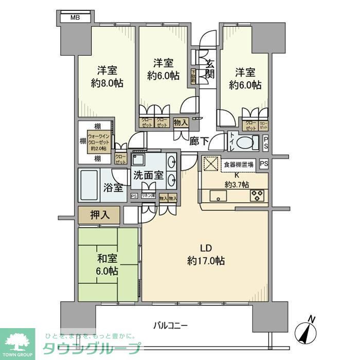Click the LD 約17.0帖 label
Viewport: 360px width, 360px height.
pyautogui.click(x=205, y=255)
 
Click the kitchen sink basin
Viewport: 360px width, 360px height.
pyautogui.click(x=217, y=195)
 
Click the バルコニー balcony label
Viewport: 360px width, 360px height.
pyautogui.click(x=170, y=325)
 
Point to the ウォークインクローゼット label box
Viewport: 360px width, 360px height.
pyautogui.click(x=99, y=142)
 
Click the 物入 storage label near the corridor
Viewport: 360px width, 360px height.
pyautogui.click(x=180, y=122)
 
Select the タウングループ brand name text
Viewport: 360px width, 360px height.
pyautogui.click(x=93, y=348)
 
